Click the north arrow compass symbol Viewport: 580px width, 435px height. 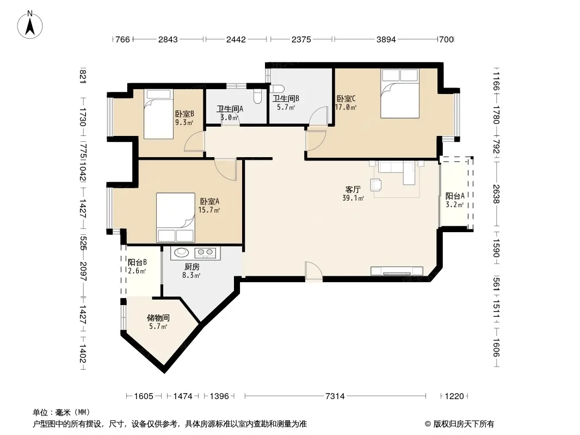pyautogui.click(x=30, y=25)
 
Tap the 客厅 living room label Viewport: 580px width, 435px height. pyautogui.click(x=353, y=190)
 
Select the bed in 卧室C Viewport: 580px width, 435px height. pyautogui.click(x=400, y=94)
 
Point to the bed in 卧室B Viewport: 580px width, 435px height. pyautogui.click(x=158, y=114)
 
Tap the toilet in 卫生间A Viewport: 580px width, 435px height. pyautogui.click(x=258, y=96)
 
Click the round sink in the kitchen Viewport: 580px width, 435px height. pyautogui.click(x=182, y=252)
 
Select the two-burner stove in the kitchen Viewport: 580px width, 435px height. pyautogui.click(x=206, y=252)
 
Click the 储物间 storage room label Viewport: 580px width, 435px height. pyautogui.click(x=158, y=318)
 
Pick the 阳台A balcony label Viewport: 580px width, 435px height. pyautogui.click(x=455, y=196)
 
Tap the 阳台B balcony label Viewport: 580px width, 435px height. pyautogui.click(x=137, y=262)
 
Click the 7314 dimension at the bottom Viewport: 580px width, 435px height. pyautogui.click(x=335, y=396)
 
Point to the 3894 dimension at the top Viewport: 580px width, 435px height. pyautogui.click(x=386, y=39)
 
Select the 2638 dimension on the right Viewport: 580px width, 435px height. pyautogui.click(x=496, y=194)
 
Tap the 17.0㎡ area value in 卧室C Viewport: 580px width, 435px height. pyautogui.click(x=345, y=108)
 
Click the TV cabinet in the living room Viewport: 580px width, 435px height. pyautogui.click(x=397, y=271)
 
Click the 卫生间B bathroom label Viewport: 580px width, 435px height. pyautogui.click(x=286, y=98)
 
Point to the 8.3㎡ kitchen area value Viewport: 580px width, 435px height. pyautogui.click(x=191, y=275)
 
